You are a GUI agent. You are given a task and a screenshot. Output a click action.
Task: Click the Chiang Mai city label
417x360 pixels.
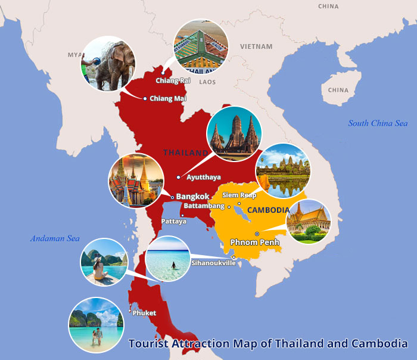(x=168, y=98)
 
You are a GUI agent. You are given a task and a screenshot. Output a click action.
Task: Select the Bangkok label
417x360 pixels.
(x=192, y=196)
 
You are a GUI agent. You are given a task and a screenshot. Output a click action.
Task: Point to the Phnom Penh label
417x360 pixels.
(x=254, y=242)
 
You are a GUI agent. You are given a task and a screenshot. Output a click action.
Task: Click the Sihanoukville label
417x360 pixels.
(x=213, y=262)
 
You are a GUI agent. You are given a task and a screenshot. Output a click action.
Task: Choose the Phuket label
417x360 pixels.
(x=144, y=312)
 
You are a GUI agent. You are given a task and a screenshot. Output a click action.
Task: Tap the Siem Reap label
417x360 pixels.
(x=239, y=195)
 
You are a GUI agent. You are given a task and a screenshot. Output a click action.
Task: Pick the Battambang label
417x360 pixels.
(x=204, y=206)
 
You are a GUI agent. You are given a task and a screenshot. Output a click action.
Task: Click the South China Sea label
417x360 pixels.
(x=378, y=123)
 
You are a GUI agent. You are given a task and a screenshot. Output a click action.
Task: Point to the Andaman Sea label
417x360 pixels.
(x=55, y=238)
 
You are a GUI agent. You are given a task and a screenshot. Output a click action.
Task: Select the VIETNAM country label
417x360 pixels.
(x=256, y=46)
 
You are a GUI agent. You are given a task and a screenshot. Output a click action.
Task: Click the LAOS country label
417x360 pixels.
(x=207, y=82)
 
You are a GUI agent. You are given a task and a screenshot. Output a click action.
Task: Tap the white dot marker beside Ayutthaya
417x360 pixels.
(x=179, y=177)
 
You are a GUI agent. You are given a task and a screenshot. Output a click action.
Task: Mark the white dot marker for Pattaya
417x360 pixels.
(x=181, y=215)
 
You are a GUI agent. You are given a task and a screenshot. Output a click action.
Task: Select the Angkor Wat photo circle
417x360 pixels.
(x=282, y=171)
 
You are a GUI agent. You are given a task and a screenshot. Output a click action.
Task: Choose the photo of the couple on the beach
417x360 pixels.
(x=95, y=325)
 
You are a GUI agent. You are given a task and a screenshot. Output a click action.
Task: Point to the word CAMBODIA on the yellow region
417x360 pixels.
(x=268, y=210)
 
